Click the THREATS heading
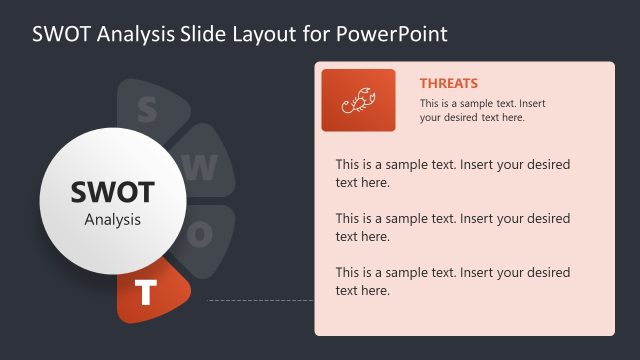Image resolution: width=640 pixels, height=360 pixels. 448,84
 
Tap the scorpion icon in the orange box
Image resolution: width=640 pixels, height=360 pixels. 358,100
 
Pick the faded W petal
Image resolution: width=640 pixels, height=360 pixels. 205,166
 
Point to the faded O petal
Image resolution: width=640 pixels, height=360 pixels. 205,234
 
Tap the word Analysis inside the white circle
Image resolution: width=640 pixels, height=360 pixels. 112,219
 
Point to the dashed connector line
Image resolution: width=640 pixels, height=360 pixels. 260,299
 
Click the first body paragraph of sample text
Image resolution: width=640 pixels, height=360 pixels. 452,173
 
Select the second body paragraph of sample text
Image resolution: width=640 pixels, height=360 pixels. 452,227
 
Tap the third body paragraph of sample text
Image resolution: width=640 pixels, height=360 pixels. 452,281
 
